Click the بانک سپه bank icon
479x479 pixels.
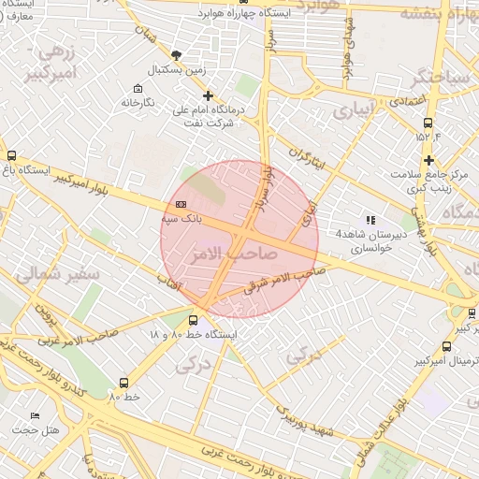coord(181,205)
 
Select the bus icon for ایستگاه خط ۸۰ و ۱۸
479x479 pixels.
coord(194,320)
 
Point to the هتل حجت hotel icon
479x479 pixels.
coord(36,415)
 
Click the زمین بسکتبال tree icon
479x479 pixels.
coord(178,55)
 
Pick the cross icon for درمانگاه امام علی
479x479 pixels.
coord(208,95)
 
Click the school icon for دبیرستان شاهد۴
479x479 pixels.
coord(370,220)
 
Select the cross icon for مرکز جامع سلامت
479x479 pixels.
coord(428,161)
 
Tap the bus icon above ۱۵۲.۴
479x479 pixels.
coord(428,123)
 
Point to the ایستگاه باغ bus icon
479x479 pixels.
coord(11,156)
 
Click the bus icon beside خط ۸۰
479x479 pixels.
coord(123,383)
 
